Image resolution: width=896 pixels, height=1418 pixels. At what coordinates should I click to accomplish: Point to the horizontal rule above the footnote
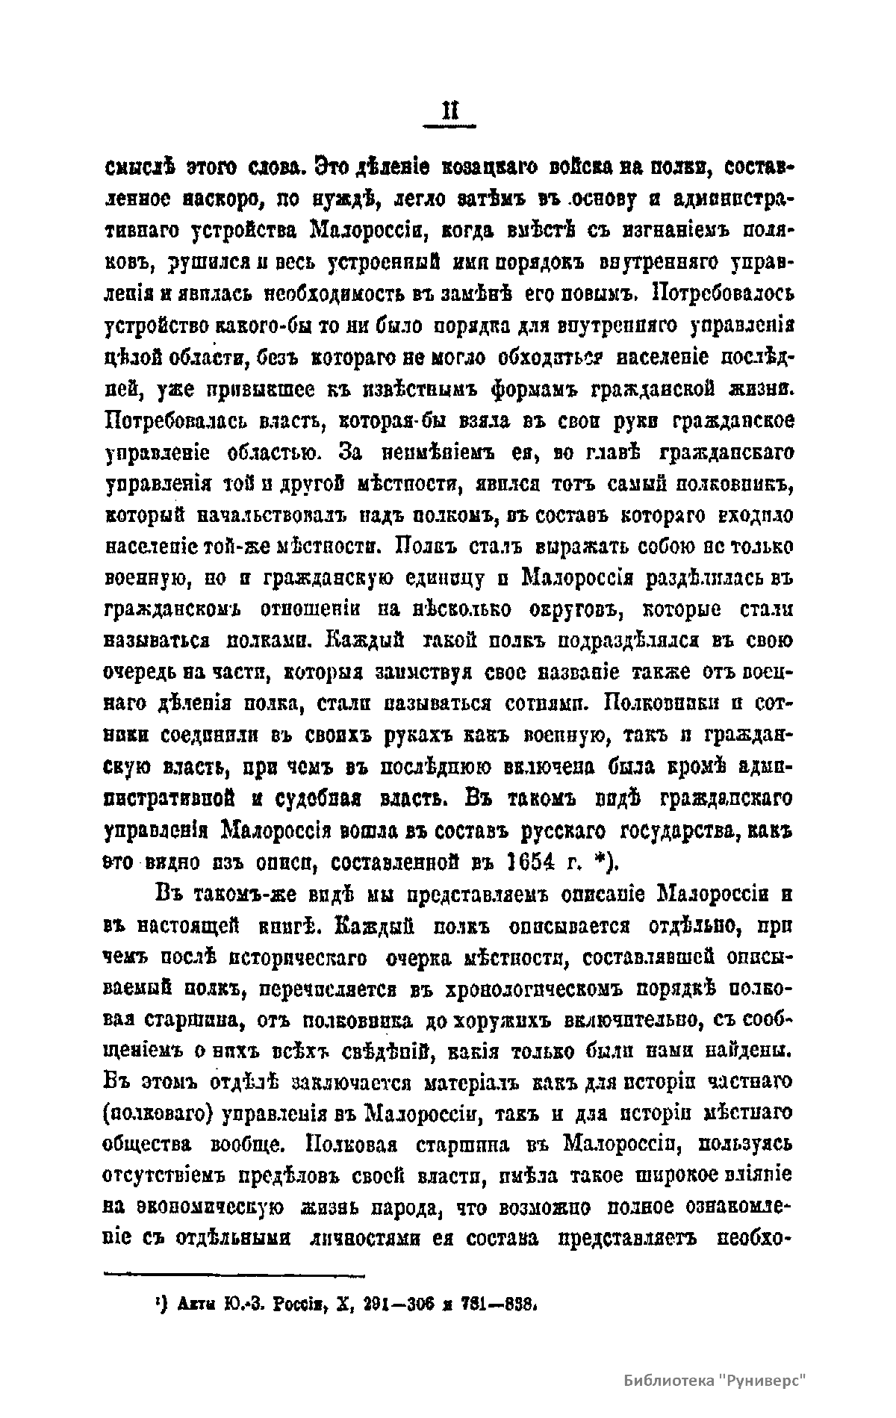[x=233, y=1275]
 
